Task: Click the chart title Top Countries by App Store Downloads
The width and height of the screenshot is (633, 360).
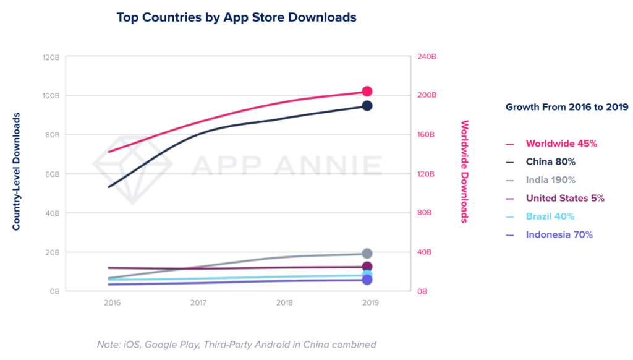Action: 236,17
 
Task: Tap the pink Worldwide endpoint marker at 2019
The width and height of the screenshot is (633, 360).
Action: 367,92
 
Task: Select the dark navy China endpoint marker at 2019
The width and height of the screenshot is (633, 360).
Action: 367,106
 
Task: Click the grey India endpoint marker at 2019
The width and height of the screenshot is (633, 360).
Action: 367,254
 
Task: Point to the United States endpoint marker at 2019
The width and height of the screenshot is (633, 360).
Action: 367,267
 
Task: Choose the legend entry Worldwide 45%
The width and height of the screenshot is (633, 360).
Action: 561,144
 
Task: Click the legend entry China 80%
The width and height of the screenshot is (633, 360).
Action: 550,161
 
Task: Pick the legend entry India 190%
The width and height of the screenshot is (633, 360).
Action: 550,180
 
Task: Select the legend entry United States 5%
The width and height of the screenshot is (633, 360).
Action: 564,199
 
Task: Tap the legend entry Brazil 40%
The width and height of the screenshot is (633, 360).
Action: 550,216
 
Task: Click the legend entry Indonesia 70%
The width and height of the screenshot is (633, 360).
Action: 559,234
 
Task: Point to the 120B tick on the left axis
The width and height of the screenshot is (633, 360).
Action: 50,57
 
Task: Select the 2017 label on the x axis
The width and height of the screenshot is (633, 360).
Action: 198,304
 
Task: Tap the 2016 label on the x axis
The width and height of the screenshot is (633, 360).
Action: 112,304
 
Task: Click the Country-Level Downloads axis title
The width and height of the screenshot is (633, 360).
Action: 17,171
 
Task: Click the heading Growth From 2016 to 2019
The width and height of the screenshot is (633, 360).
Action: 567,107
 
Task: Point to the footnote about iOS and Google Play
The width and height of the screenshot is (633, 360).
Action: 236,345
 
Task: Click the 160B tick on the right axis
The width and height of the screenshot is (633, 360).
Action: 427,134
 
